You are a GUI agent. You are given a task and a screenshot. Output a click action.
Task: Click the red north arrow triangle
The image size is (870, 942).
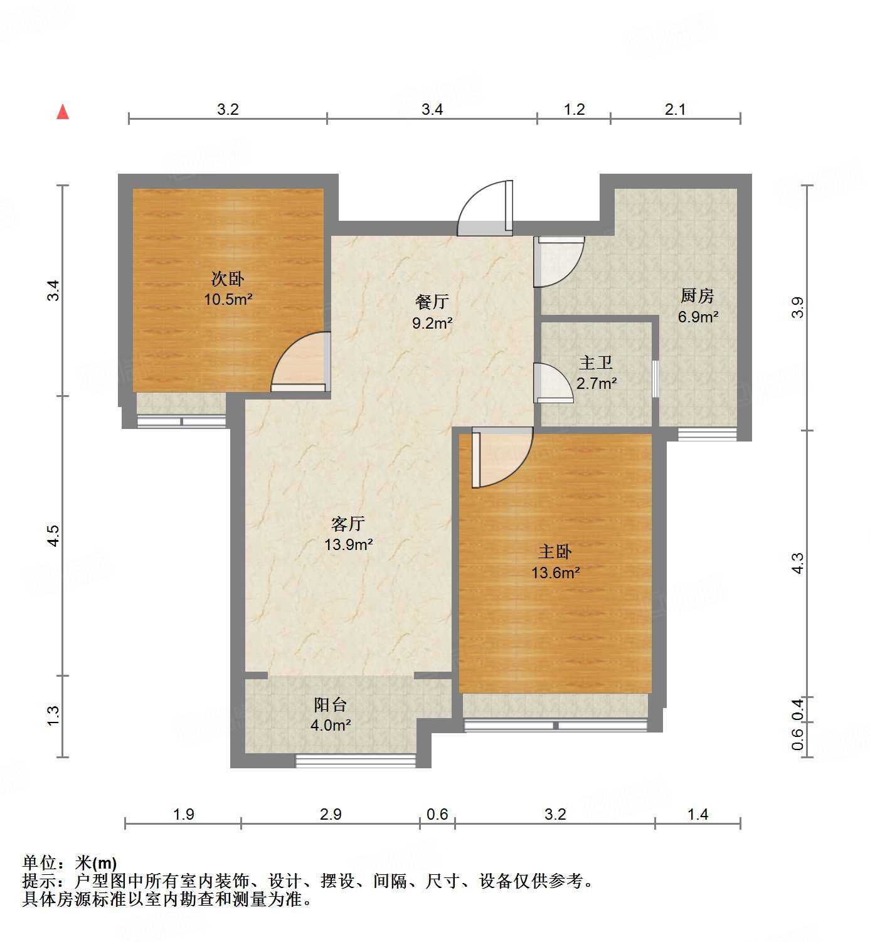[63, 112]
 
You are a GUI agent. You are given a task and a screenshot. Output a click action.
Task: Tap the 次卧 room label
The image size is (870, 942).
[227, 278]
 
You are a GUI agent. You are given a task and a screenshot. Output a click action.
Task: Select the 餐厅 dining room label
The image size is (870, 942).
[432, 302]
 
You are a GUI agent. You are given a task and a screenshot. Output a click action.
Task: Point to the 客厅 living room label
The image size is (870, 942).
[348, 523]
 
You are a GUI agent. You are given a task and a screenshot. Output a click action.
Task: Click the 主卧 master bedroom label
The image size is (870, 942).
[555, 551]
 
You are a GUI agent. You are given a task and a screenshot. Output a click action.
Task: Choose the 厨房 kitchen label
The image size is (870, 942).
[698, 295]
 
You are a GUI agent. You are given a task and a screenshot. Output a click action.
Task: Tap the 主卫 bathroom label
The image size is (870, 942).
[596, 363]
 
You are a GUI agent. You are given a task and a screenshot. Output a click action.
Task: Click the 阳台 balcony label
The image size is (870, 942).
[331, 704]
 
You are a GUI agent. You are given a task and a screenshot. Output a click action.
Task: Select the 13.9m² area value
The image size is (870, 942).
[349, 544]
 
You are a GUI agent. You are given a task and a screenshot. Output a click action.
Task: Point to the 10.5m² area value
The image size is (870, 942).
[228, 299]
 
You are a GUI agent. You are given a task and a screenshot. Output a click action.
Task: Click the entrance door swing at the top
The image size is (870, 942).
[485, 209]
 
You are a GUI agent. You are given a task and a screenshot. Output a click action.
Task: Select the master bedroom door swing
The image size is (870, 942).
[501, 457]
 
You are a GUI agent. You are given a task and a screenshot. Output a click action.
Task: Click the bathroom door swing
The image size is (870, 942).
[552, 383]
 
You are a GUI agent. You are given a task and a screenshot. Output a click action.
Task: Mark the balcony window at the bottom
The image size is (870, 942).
[356, 761]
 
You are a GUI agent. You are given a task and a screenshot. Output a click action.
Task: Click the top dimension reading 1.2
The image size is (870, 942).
[574, 110]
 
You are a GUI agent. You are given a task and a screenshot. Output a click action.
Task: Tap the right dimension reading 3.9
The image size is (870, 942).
[797, 307]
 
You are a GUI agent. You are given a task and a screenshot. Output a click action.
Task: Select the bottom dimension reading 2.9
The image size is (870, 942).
[331, 814]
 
